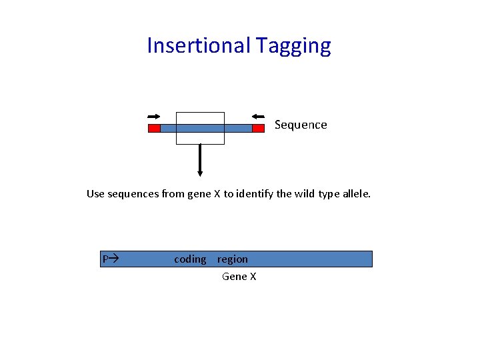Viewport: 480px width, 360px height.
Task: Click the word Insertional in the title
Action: point(197,45)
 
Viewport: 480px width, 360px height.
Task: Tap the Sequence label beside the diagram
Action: point(301,125)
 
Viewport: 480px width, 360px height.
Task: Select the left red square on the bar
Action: point(154,128)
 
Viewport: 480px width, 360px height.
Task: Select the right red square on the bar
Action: point(258,128)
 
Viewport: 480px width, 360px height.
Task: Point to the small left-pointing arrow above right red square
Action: point(259,117)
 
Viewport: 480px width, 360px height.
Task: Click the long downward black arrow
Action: point(200,160)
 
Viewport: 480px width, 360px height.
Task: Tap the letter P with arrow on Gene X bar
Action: point(109,259)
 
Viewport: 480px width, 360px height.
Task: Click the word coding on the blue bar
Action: point(190,259)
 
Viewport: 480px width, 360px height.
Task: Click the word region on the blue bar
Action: point(232,259)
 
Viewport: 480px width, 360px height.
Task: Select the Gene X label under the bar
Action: point(239,276)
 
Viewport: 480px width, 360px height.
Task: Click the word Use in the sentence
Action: point(96,194)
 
